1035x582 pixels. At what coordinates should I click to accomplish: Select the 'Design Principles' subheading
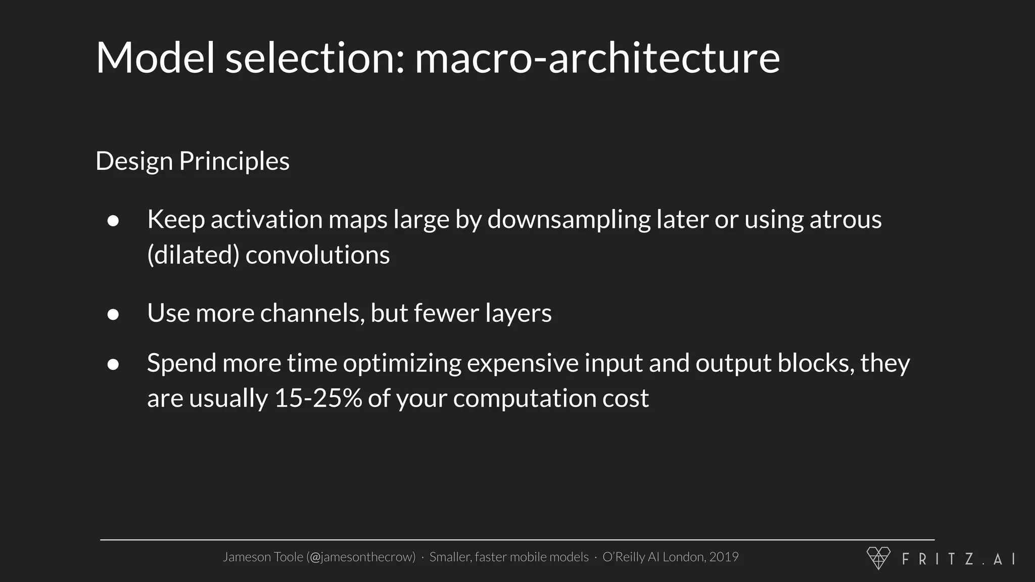[x=192, y=161]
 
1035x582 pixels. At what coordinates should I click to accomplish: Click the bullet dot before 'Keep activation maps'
[x=113, y=221]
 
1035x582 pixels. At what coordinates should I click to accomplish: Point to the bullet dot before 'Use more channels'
[x=113, y=314]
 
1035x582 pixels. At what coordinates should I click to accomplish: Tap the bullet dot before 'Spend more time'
[x=113, y=364]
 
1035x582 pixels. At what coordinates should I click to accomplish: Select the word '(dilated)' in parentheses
[x=193, y=255]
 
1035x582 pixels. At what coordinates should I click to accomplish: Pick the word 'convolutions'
[x=317, y=255]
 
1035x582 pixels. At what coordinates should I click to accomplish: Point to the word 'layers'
[x=518, y=313]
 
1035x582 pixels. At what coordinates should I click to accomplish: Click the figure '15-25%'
[x=318, y=399]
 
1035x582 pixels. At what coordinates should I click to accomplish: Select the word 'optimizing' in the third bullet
[x=402, y=363]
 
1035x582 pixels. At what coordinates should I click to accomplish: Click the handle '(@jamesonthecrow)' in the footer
[x=361, y=557]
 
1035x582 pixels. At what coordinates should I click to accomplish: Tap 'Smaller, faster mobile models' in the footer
[x=509, y=557]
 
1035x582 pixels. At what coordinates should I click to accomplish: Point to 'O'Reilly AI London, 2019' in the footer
[x=670, y=557]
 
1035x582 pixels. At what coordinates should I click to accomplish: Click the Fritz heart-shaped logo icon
[x=878, y=558]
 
